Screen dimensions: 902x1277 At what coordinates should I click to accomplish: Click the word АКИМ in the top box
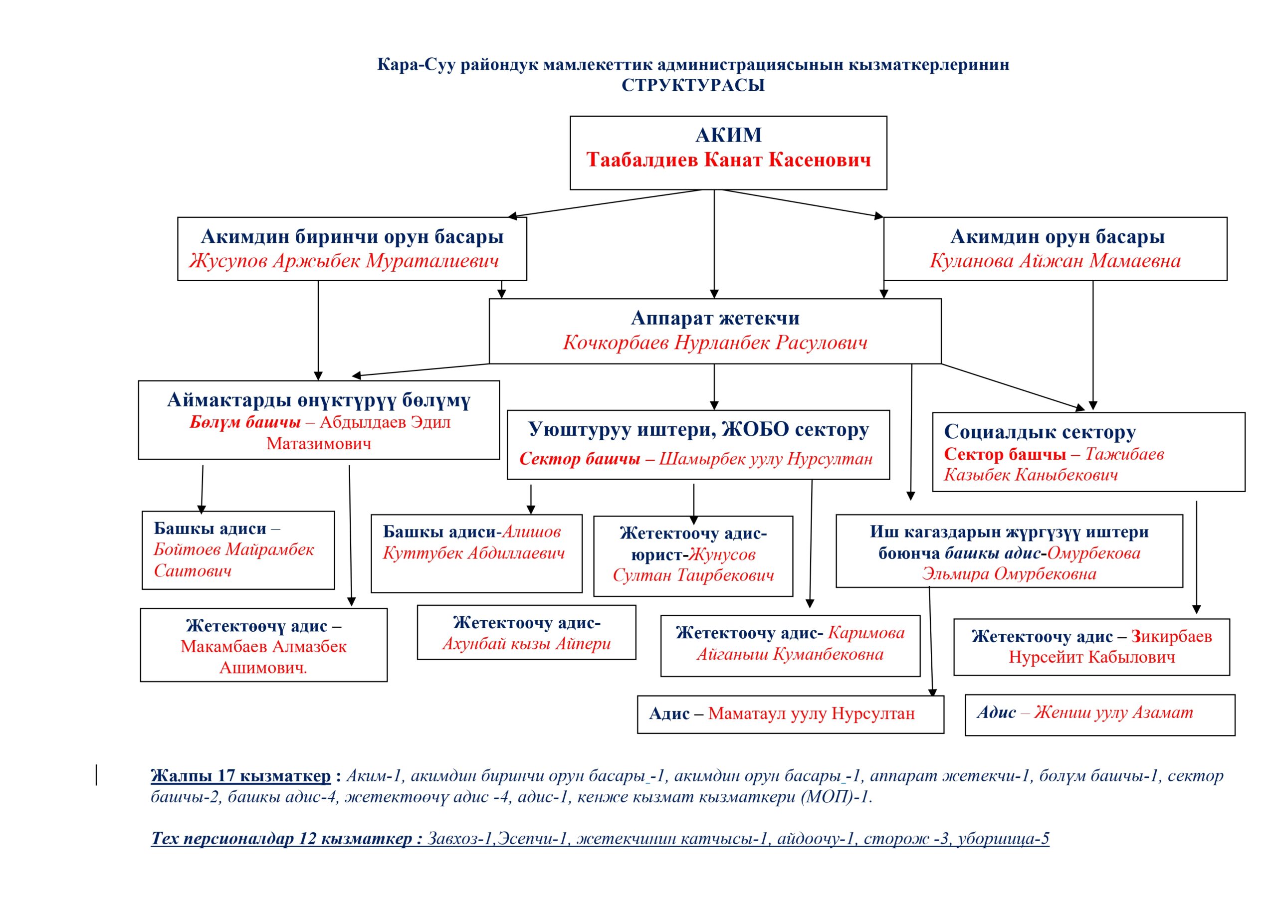(x=728, y=135)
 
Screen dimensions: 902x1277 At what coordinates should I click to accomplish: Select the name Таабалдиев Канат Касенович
(x=728, y=160)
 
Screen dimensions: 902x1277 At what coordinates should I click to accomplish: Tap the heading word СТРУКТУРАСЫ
(x=693, y=86)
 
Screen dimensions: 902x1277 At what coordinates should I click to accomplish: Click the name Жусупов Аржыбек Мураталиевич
(x=344, y=261)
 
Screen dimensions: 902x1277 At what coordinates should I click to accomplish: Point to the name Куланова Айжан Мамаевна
(x=1055, y=261)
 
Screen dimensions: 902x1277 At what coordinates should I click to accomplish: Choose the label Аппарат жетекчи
(x=715, y=318)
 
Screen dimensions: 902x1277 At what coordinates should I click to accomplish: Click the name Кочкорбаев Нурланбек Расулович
(x=715, y=343)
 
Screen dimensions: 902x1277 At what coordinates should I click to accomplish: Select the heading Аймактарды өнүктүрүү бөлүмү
(x=319, y=400)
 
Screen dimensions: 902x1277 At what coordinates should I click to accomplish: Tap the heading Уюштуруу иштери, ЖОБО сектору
(x=698, y=429)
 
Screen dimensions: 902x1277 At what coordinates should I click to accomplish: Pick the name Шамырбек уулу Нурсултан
(x=765, y=459)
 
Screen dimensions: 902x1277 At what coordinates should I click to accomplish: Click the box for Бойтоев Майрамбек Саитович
(x=238, y=550)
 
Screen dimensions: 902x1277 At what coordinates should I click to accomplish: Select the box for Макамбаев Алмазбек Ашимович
(x=264, y=646)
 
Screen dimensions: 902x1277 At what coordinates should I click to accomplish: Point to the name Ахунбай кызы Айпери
(x=526, y=644)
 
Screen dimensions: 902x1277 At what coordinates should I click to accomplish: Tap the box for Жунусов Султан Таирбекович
(x=693, y=555)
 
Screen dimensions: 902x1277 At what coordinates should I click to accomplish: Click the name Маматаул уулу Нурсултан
(x=811, y=714)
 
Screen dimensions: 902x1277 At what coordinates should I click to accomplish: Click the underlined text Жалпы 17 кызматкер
(x=240, y=776)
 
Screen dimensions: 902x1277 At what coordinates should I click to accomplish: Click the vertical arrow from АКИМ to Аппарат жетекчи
(x=714, y=245)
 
